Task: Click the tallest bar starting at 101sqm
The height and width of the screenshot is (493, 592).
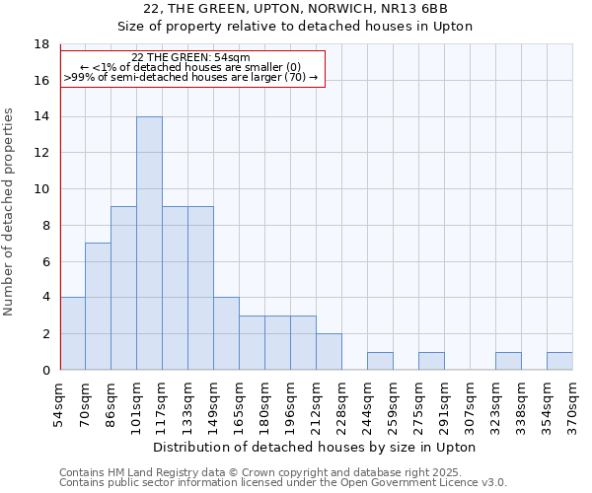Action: (x=149, y=244)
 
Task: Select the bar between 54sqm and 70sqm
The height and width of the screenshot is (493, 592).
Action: (x=72, y=333)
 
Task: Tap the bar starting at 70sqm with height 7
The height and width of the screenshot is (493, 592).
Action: (x=98, y=307)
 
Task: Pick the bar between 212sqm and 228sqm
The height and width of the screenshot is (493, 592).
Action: (x=329, y=352)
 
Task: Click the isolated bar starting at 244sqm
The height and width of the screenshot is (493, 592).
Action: (x=380, y=361)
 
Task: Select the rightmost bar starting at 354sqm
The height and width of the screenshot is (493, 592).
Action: (x=559, y=361)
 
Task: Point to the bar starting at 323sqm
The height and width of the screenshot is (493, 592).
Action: (x=508, y=361)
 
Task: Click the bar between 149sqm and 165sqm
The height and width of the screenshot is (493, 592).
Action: (x=226, y=333)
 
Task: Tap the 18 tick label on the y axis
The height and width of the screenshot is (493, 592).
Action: (x=41, y=44)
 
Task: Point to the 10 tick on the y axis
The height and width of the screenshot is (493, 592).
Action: (x=41, y=189)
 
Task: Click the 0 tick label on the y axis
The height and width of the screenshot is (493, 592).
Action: (x=45, y=370)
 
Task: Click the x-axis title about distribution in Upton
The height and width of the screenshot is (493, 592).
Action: (x=316, y=448)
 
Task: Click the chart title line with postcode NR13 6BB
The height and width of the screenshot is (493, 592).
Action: (x=296, y=9)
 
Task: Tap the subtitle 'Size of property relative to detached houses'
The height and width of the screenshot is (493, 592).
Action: (x=296, y=27)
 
